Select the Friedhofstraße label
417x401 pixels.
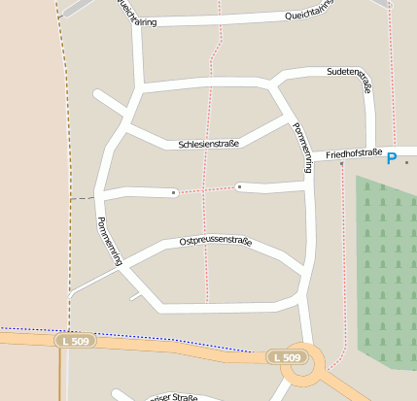pyautogui.click(x=354, y=153)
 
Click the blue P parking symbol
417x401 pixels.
pyautogui.click(x=393, y=158)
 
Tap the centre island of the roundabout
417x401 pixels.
pyautogui.click(x=302, y=361)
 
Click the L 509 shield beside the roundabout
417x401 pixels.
pyautogui.click(x=287, y=357)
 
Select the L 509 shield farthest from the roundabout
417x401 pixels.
pyautogui.click(x=75, y=341)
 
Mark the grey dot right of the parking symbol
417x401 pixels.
pyautogui.click(x=406, y=160)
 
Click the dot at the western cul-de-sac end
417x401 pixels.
pyautogui.click(x=174, y=192)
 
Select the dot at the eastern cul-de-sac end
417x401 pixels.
pyautogui.click(x=239, y=185)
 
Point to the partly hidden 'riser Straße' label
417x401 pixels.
pyautogui.click(x=173, y=397)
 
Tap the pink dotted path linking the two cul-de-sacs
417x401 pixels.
pyautogui.click(x=206, y=189)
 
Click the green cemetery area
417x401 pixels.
pyautogui.click(x=387, y=272)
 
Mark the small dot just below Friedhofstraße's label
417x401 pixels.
pyautogui.click(x=342, y=163)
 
